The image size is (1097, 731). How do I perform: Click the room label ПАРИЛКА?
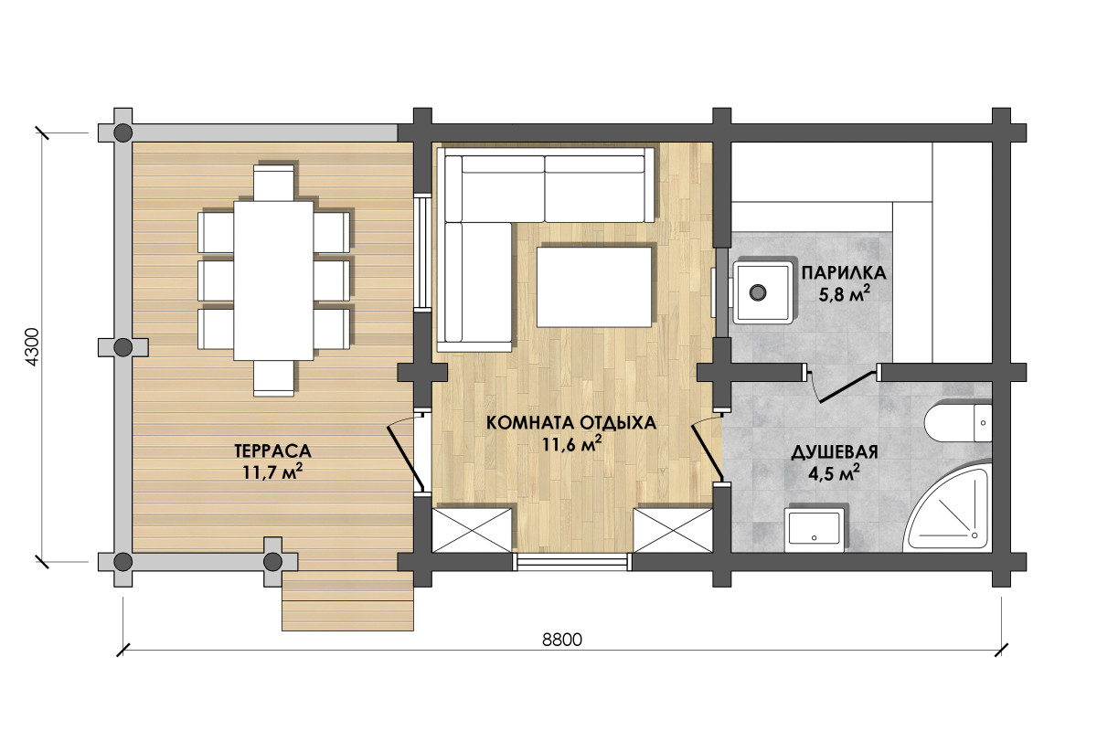tap(843, 272)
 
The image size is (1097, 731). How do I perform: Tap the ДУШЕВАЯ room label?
tap(834, 452)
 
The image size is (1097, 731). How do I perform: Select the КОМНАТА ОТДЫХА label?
tap(571, 423)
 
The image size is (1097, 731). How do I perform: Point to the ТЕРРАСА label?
tap(272, 450)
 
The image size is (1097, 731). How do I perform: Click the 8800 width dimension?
tap(562, 640)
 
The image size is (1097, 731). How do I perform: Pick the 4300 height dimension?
tap(32, 347)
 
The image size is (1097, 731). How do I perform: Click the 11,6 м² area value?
tap(571, 444)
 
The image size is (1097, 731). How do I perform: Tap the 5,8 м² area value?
tap(844, 294)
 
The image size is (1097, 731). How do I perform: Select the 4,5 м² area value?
tap(834, 473)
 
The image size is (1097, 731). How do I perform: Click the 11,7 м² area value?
tap(272, 471)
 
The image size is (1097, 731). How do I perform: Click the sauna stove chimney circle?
tap(758, 292)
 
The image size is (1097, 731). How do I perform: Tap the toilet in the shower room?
tap(958, 423)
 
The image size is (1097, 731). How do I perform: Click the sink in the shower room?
tap(814, 530)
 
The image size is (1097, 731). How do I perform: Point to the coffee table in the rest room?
tap(594, 287)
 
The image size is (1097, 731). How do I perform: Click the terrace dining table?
tap(273, 281)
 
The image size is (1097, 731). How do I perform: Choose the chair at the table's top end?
tap(273, 182)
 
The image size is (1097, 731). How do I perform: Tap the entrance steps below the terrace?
tap(347, 600)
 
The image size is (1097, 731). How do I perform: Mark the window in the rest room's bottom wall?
tap(572, 562)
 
